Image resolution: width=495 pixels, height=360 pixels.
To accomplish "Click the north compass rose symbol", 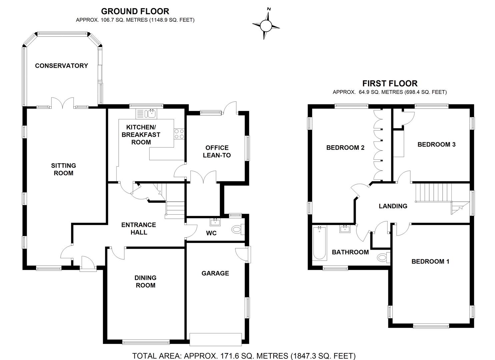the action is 266,25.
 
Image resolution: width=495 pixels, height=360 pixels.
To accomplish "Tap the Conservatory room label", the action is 61,66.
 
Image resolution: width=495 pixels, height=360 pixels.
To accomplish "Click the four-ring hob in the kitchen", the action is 179,134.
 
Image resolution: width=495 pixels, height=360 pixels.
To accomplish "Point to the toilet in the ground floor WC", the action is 237,229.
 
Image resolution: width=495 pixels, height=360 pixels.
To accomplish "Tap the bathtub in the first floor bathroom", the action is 319,243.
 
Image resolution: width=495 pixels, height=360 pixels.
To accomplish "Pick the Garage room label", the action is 215,273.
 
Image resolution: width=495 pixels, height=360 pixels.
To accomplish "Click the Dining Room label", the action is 145,281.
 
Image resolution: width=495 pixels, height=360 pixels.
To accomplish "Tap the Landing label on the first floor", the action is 393,206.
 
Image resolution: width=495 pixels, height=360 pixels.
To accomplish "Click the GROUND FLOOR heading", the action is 135,12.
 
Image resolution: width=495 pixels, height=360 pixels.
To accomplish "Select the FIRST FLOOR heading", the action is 390,83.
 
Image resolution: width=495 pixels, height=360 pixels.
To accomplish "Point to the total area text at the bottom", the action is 244,356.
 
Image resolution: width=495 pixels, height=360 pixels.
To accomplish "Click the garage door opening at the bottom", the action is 215,339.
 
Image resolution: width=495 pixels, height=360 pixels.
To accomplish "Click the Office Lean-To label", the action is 217,151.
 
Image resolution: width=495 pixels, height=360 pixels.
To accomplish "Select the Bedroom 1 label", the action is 430,261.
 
